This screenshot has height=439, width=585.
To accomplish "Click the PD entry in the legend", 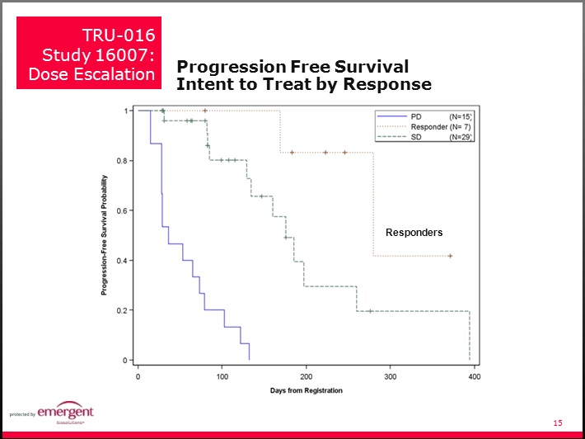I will (416, 117).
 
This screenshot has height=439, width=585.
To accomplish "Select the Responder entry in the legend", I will (429, 127).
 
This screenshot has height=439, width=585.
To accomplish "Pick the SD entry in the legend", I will (416, 137).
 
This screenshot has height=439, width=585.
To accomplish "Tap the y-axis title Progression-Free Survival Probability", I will (104, 235).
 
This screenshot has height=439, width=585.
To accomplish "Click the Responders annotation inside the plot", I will (414, 233).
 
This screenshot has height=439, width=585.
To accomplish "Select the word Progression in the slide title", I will (227, 68).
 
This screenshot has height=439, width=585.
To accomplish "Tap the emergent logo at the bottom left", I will (63, 413).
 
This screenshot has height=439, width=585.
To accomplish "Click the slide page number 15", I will (558, 423).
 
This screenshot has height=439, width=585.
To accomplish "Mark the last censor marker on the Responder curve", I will (450, 256).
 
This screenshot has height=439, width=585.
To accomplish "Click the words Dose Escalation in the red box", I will (91, 74).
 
